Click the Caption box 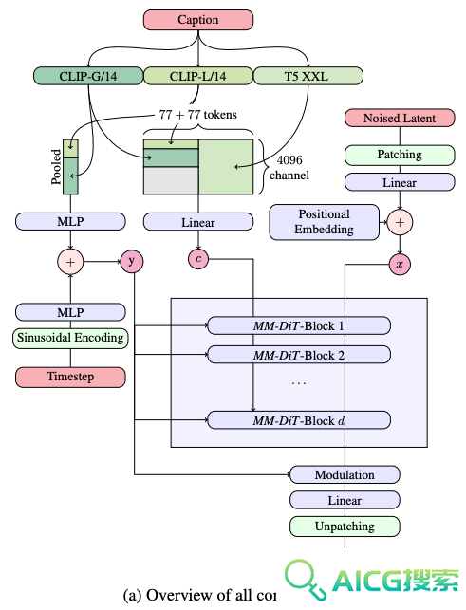pyautogui.click(x=198, y=20)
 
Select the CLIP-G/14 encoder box pyautogui.click(x=88, y=76)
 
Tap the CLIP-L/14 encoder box pyautogui.click(x=198, y=76)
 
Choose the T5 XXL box pyautogui.click(x=308, y=76)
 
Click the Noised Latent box pyautogui.click(x=400, y=118)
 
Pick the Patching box pyautogui.click(x=400, y=155)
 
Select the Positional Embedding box pyautogui.click(x=325, y=222)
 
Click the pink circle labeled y pyautogui.click(x=132, y=262)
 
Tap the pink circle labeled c pyautogui.click(x=198, y=259)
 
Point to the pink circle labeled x pyautogui.click(x=400, y=265)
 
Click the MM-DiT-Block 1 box pyautogui.click(x=299, y=325)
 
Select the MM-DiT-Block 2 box pyautogui.click(x=299, y=355)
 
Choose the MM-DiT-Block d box pyautogui.click(x=299, y=420)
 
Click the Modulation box pyautogui.click(x=345, y=474)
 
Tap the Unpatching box pyautogui.click(x=345, y=527)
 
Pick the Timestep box pyautogui.click(x=70, y=377)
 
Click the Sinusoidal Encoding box pyautogui.click(x=70, y=338)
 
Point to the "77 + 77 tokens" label pyautogui.click(x=197, y=115)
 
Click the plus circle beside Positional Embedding pyautogui.click(x=400, y=223)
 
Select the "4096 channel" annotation pyautogui.click(x=289, y=168)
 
